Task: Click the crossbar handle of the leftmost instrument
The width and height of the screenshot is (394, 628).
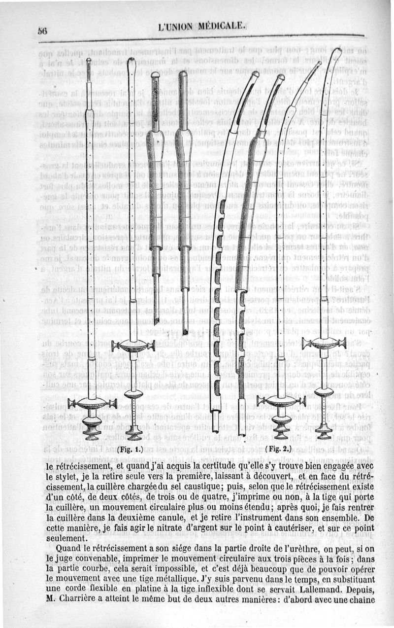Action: click(92, 404)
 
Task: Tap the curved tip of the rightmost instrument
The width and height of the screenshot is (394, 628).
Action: click(338, 53)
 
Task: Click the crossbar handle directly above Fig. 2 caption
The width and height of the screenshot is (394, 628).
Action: click(281, 401)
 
